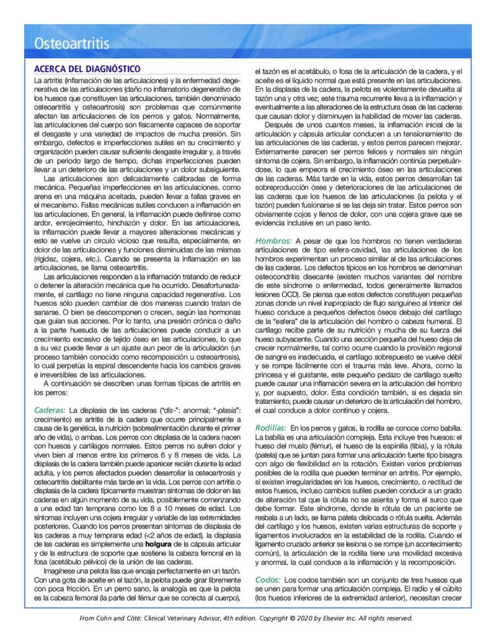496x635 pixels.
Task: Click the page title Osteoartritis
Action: point(72,44)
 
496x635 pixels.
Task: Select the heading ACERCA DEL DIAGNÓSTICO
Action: point(87,69)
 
